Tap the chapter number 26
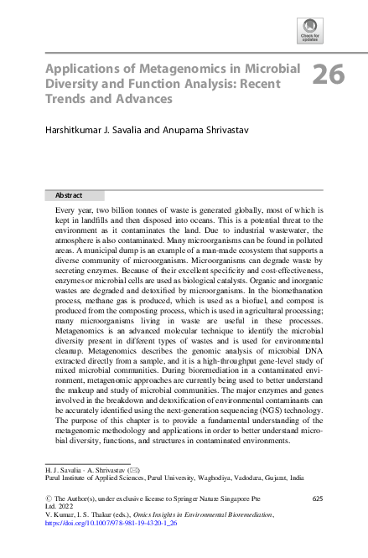coord(329,75)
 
